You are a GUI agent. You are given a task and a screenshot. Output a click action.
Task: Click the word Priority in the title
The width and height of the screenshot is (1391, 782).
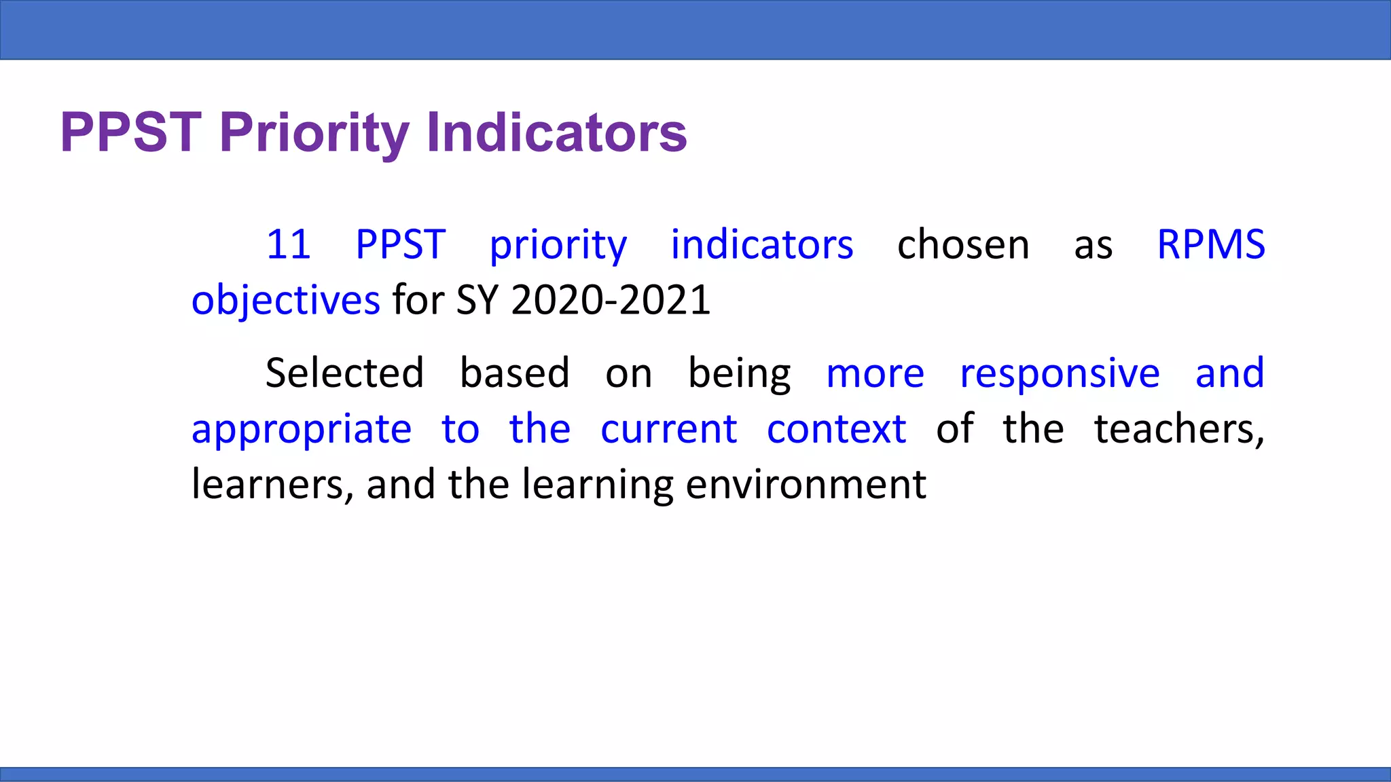314,132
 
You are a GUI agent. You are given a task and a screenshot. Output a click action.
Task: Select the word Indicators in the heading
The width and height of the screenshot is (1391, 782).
556,132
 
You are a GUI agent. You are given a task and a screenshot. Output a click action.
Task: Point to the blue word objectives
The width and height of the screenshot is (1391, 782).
285,301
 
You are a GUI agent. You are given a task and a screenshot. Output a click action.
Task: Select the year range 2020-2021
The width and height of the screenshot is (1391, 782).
611,300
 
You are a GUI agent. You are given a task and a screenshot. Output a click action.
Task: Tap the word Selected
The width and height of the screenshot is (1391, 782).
344,373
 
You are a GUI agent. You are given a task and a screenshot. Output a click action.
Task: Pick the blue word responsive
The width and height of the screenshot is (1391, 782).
1060,373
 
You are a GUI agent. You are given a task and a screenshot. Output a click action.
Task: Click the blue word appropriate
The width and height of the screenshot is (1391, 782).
302,430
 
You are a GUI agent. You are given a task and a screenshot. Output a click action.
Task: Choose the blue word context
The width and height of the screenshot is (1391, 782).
836,429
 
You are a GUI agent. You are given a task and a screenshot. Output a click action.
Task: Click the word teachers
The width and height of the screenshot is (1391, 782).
1179,429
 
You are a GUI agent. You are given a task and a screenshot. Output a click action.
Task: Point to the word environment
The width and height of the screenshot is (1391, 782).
806,485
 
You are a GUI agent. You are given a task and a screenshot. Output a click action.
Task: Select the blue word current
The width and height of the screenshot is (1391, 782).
668,429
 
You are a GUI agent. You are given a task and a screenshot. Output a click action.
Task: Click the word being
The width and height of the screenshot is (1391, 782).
739,375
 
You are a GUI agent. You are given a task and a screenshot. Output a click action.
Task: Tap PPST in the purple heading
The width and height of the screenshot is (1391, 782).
131,132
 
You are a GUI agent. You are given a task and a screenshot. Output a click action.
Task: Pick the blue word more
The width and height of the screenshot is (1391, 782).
875,375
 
